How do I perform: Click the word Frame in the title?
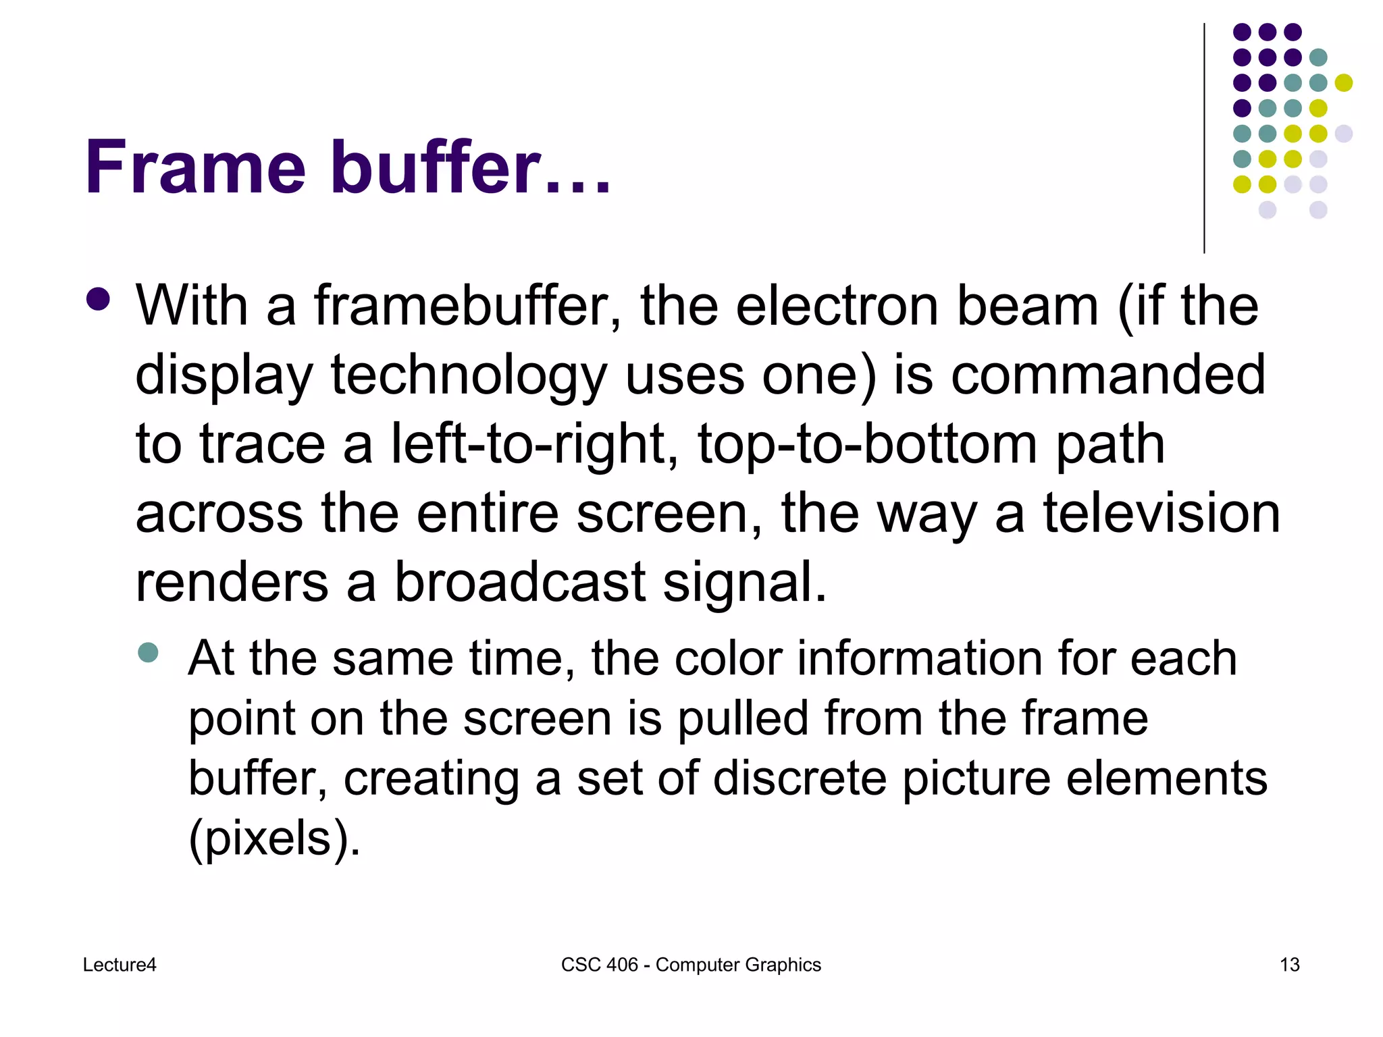tap(196, 167)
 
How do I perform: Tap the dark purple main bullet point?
tap(99, 300)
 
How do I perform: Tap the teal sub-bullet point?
tap(148, 652)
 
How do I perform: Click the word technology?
tap(469, 377)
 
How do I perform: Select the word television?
tap(1162, 513)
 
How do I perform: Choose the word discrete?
tap(800, 778)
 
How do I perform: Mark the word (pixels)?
tap(274, 839)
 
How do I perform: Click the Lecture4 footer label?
tap(120, 965)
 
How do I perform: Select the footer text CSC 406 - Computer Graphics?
tap(691, 965)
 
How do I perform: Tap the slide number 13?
tap(1289, 965)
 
